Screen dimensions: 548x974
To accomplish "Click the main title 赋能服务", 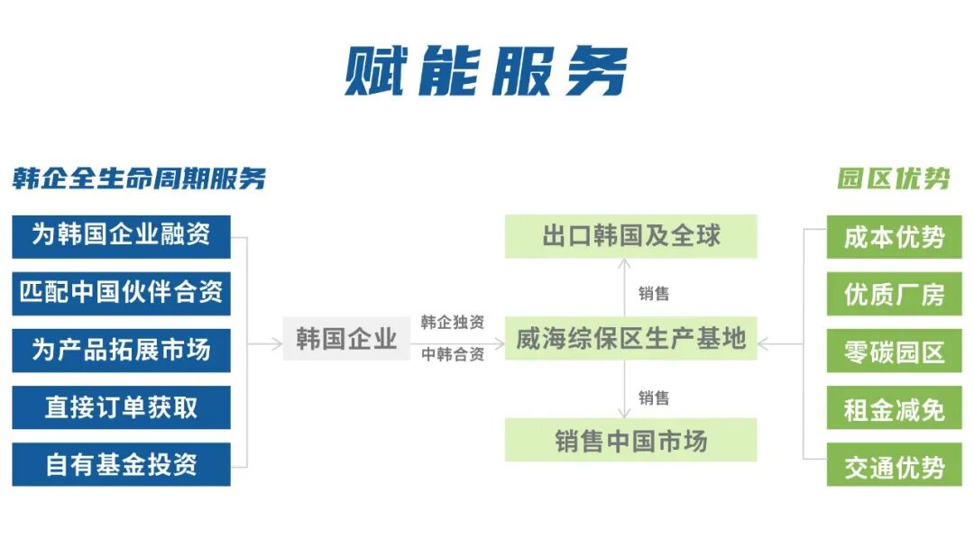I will click(486, 70).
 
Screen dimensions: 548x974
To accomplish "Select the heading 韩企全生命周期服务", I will click(139, 178).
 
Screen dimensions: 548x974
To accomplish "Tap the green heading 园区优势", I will click(893, 178).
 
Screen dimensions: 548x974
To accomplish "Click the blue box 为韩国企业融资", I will click(121, 236).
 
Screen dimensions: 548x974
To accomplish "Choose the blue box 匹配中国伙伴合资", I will click(121, 293).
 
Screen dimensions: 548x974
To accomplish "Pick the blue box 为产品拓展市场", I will click(121, 350).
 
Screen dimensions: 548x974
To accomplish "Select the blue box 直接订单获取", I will click(121, 407).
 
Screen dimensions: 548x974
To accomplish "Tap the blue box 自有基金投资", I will click(121, 464).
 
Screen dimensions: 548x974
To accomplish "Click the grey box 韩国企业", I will click(346, 339).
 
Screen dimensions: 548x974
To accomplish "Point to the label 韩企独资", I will click(452, 323).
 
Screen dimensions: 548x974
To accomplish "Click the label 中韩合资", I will click(452, 354).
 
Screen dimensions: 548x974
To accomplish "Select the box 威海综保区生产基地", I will click(630, 339).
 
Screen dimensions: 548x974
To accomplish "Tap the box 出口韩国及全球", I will click(630, 236).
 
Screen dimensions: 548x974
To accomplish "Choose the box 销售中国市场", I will click(630, 441).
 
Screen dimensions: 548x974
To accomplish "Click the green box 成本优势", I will click(894, 237).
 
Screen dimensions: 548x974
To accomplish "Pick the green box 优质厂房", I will click(894, 294).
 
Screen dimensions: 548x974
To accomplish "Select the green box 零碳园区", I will click(894, 351).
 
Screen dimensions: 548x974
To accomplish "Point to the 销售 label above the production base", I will click(654, 293).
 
